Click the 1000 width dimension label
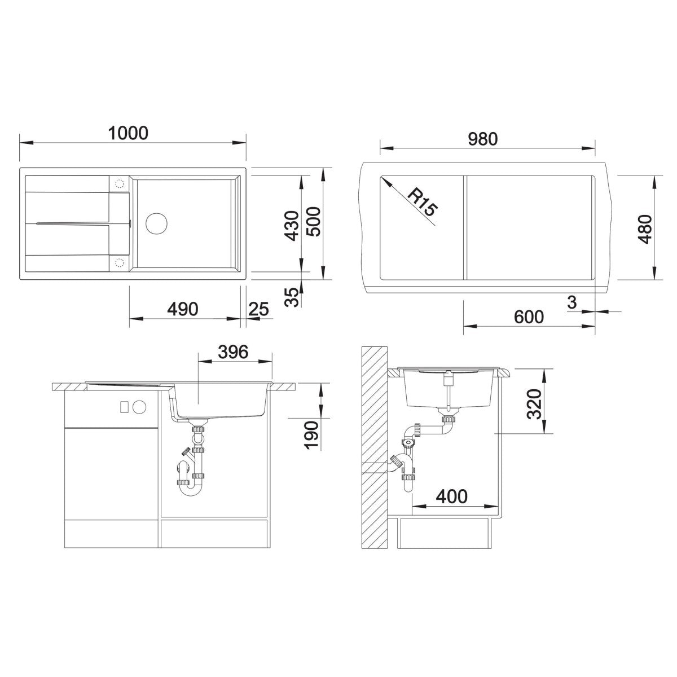point(128,133)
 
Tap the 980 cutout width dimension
point(483,139)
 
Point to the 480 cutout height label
point(645,228)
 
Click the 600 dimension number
point(529,317)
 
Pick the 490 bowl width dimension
point(183,309)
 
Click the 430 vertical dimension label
point(292,226)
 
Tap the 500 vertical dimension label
point(313,222)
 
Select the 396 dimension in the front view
point(233,351)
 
